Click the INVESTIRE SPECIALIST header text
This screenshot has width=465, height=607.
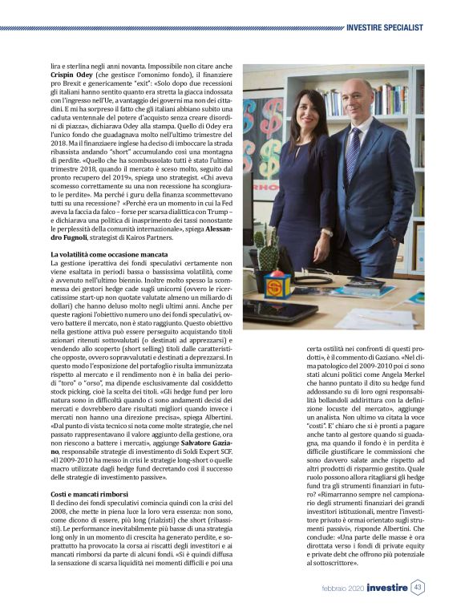(384, 29)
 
